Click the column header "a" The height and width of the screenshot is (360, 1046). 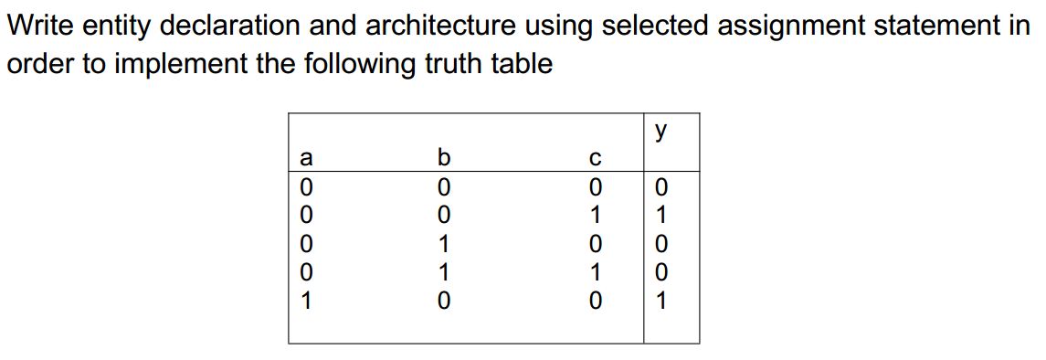306,158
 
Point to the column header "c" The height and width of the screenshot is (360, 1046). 594,158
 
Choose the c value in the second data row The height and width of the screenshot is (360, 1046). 595,216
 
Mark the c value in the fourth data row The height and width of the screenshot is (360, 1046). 595,272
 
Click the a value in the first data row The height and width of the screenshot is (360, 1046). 306,187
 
